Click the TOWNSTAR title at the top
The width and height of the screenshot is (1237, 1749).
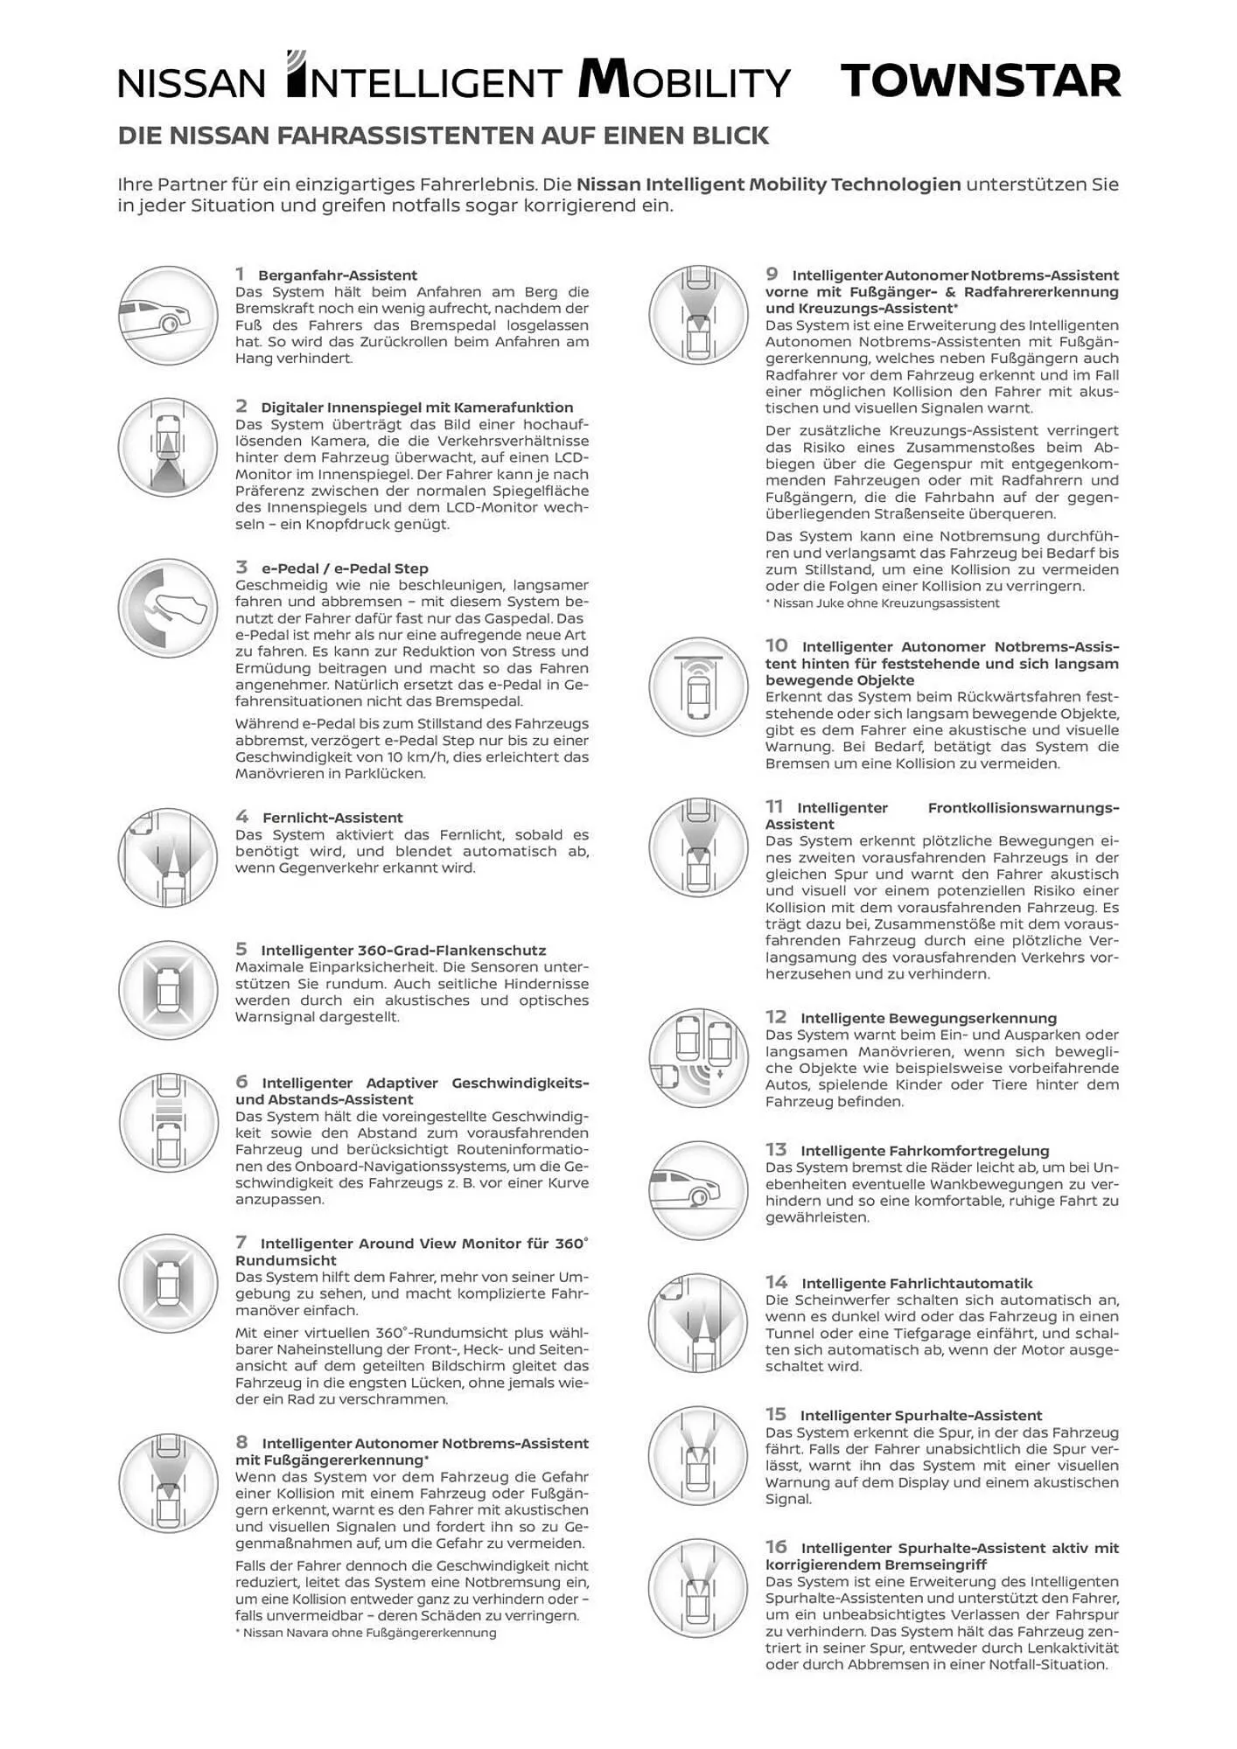[x=980, y=81]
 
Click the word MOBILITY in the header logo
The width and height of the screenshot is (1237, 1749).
[x=684, y=81]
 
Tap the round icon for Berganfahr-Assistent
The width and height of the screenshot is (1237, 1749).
[x=168, y=316]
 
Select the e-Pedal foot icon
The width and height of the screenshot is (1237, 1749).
[x=168, y=609]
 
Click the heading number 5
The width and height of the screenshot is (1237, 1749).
[x=241, y=949]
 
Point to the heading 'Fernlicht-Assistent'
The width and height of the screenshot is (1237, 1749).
[x=332, y=818]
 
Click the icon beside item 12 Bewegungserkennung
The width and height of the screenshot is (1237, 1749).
[x=698, y=1057]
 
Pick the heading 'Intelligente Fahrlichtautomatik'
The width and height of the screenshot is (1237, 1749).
[x=917, y=1284]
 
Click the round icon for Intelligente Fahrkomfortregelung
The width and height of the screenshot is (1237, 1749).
[x=698, y=1190]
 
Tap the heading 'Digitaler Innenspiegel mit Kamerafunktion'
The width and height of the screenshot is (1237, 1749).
[x=416, y=408]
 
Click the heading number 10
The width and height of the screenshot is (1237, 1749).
[x=777, y=645]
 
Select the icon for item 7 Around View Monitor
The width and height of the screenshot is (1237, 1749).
[x=168, y=1284]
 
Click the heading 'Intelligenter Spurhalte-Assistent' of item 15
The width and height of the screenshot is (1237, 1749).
[x=921, y=1416]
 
